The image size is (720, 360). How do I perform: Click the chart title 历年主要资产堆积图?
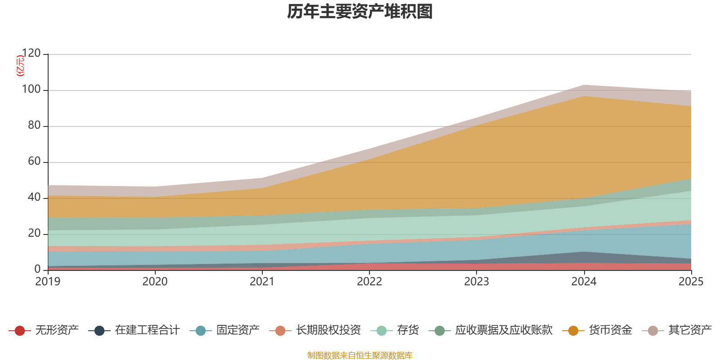pos(360,12)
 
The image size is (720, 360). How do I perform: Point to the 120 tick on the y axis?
pos(31,54)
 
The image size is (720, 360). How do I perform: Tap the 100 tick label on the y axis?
pos(31,90)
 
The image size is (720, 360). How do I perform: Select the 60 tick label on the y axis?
pos(34,162)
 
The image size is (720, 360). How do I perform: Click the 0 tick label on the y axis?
pos(37,269)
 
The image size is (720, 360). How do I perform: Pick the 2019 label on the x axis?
pos(48,282)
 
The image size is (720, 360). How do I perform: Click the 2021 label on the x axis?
pos(262,282)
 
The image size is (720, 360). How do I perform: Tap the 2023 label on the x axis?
pos(477,282)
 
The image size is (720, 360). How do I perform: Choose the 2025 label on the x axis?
pos(691,282)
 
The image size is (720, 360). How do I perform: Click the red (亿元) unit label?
pos(20,66)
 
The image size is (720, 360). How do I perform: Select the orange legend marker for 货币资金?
pos(573,331)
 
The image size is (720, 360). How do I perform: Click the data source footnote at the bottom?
pos(360,355)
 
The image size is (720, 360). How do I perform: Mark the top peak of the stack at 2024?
pos(584,85)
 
